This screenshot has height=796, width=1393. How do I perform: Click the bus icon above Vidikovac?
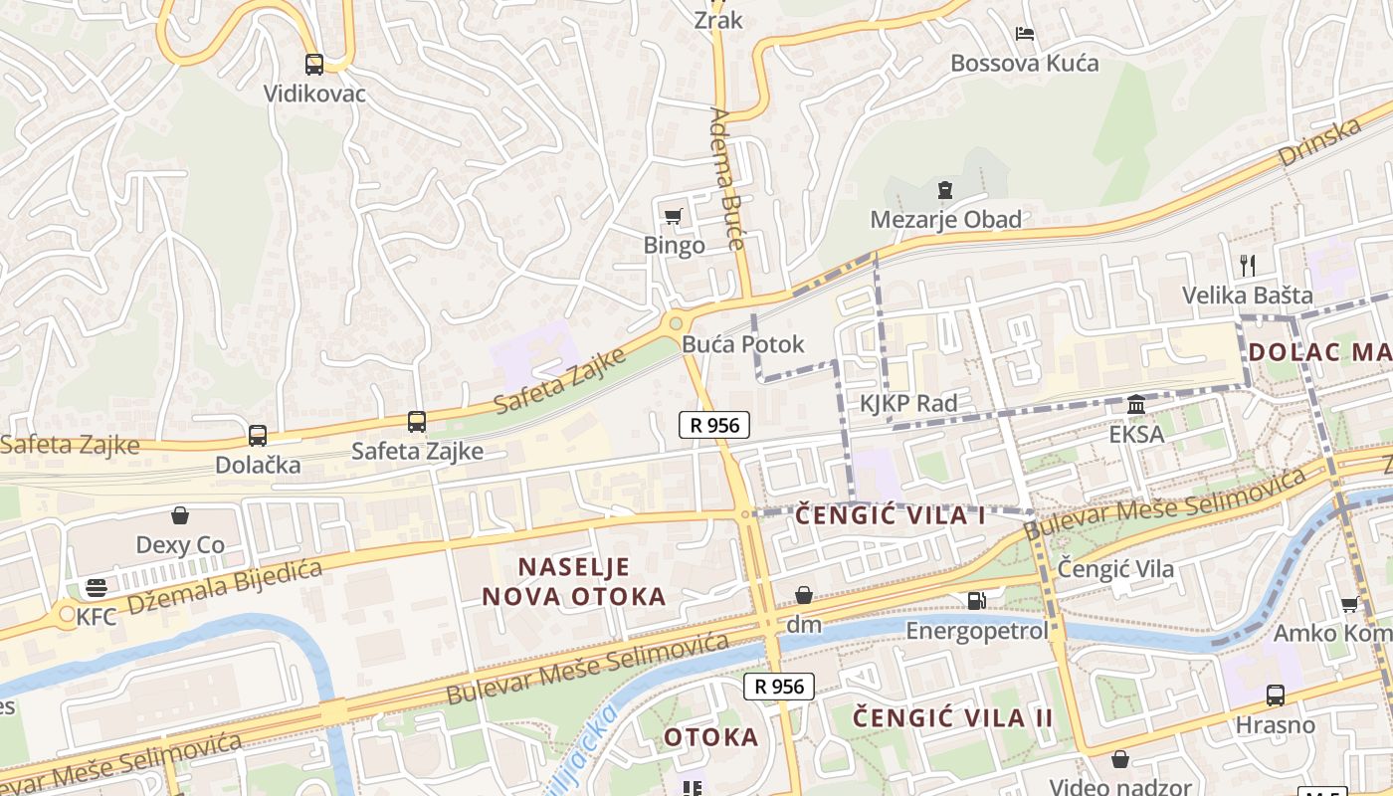point(314,65)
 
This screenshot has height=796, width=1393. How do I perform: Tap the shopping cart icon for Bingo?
point(674,217)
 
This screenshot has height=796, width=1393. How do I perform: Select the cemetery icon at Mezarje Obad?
point(945,189)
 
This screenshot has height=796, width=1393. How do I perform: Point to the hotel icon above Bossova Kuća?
point(1025,34)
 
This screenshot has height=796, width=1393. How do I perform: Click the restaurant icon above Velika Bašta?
point(1248,265)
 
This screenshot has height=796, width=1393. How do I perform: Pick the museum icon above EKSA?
point(1136,405)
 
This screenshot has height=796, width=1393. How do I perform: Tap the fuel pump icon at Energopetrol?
point(977,600)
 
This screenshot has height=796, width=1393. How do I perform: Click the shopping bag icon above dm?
point(804,595)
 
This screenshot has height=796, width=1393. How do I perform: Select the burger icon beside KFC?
point(97,588)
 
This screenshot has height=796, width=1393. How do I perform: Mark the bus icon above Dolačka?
point(258,435)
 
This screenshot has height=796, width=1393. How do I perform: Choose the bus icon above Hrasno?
point(1276,695)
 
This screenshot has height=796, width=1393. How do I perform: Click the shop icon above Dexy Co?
point(180,515)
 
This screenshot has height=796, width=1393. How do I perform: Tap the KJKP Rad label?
point(908,403)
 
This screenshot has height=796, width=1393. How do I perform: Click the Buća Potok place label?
point(743,344)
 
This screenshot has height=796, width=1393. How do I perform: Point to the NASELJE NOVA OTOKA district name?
point(574,582)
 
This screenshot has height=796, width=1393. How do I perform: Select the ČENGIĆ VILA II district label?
point(952,717)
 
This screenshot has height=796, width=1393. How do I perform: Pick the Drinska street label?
point(1319,141)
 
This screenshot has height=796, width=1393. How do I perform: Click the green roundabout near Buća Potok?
point(677,322)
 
